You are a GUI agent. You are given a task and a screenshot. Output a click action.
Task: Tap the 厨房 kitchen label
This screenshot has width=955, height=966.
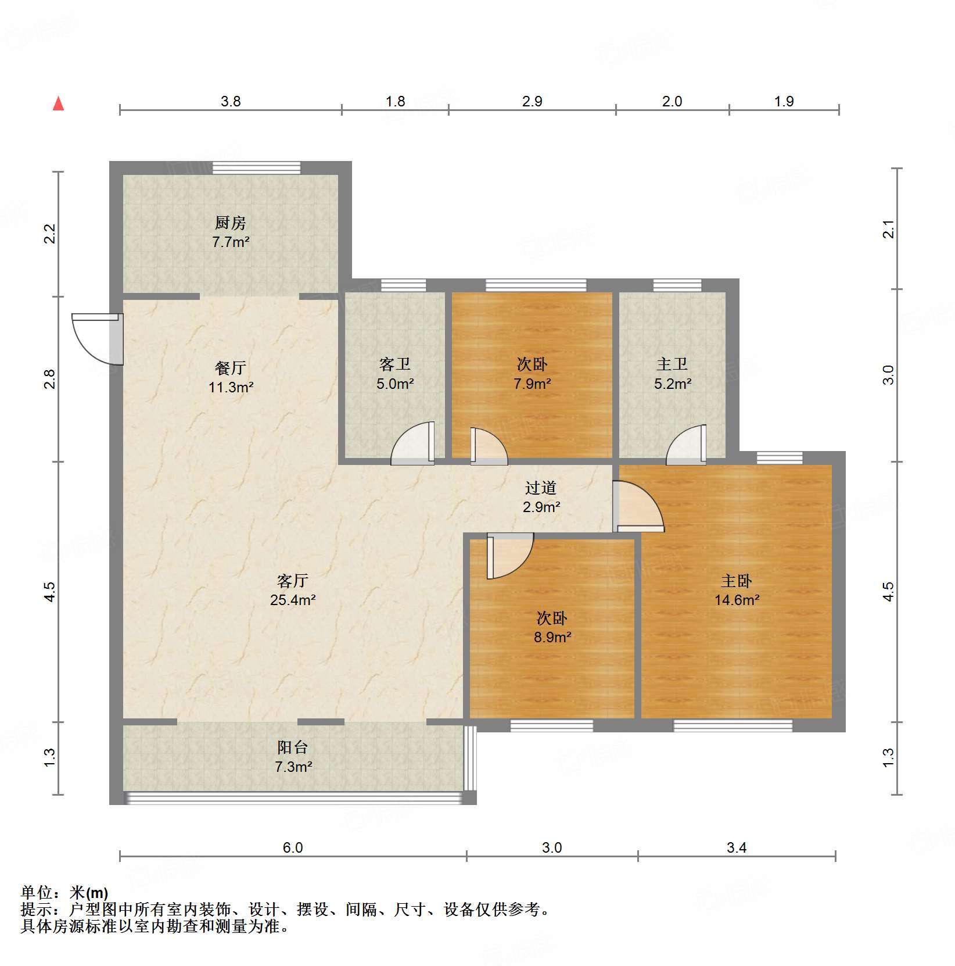[x=231, y=223]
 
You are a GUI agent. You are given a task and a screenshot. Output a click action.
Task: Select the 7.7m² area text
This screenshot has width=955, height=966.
[x=231, y=242]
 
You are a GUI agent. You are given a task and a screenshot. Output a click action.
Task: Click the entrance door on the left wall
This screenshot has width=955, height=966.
[x=98, y=339]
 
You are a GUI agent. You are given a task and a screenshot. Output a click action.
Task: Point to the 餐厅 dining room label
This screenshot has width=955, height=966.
[x=231, y=367]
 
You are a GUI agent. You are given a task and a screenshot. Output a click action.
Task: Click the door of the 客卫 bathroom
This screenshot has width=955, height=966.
[x=413, y=443]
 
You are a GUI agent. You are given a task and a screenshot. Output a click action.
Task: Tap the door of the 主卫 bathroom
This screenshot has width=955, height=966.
[x=687, y=445]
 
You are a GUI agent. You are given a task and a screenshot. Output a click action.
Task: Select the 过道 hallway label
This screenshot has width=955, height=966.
[x=541, y=488]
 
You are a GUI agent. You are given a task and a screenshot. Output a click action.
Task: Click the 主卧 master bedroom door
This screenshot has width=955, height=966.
[x=638, y=506]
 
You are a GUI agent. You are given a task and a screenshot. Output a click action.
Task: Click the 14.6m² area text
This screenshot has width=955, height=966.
[x=737, y=600]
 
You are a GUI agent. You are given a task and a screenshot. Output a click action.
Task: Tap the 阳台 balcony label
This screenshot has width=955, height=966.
[x=293, y=747]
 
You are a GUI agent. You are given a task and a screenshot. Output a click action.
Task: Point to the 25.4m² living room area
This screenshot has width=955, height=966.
[x=293, y=600]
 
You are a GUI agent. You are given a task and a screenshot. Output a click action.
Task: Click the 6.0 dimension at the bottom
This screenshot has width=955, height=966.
[x=293, y=847]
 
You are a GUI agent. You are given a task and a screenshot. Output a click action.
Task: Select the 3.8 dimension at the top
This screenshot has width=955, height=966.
[x=231, y=101]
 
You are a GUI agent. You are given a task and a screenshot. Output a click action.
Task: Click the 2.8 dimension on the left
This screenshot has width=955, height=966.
[x=51, y=379]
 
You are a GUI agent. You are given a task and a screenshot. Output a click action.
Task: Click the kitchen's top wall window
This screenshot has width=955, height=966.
[x=257, y=168]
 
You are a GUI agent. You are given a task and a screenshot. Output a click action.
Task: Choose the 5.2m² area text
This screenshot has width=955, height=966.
[x=673, y=384]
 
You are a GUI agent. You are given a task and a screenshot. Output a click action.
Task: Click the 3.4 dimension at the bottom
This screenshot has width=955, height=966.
[x=737, y=847]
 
